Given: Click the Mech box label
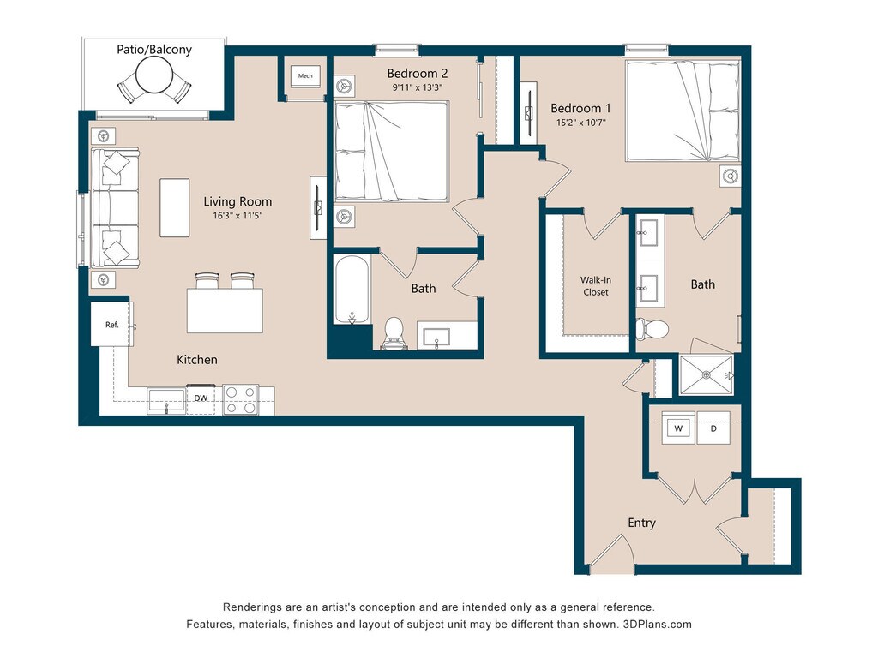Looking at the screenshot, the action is point(305,75).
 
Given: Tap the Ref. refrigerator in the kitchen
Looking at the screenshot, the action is point(112,324).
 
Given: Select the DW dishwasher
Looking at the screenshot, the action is point(201,399).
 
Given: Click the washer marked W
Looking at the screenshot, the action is point(678,428).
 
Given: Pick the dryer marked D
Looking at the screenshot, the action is point(713,428).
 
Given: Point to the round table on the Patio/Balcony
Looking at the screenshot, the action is point(154,76).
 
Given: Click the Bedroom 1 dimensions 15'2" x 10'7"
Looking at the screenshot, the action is point(580,123).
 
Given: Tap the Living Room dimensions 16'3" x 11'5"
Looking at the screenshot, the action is point(238,215).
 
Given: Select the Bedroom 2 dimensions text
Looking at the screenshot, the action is point(418,87).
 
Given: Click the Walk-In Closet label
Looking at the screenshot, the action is point(595,286).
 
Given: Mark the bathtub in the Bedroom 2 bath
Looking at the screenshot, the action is point(352,290).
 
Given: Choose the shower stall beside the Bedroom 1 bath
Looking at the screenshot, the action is point(707,374).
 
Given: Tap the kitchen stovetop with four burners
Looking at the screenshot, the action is point(241,400).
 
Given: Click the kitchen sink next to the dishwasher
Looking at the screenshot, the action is point(166,401).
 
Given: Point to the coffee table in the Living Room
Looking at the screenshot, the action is point(174,207).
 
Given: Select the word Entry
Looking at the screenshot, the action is point(641,523).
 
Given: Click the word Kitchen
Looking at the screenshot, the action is point(197,359).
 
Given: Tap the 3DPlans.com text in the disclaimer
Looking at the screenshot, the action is point(657,624).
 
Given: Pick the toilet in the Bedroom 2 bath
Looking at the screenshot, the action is point(394,333).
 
